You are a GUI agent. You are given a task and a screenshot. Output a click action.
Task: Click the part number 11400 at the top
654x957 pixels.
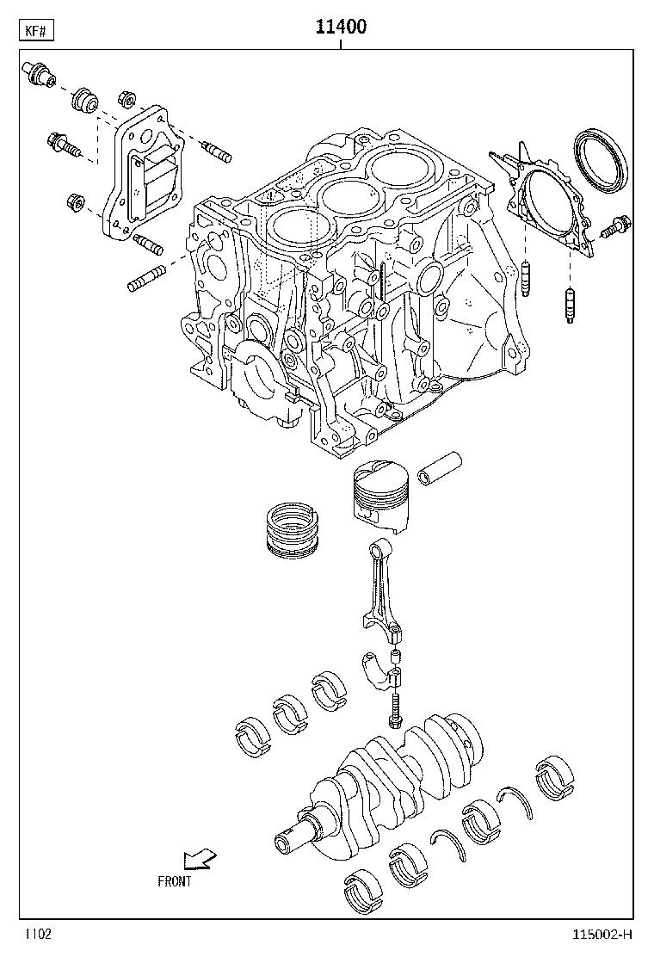click(341, 26)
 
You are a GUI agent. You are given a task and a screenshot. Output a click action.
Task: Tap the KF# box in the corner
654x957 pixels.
click(37, 30)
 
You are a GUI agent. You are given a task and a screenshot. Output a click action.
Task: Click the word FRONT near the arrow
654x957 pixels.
click(175, 881)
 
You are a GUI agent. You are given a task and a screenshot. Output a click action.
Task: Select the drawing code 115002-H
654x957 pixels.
click(602, 935)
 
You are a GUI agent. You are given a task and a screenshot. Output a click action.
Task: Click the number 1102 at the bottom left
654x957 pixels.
click(38, 935)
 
